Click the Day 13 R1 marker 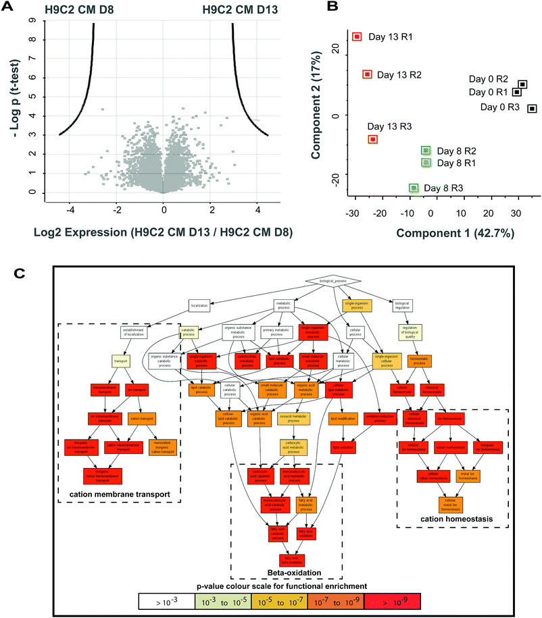click(x=358, y=36)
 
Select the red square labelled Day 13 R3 click(x=372, y=139)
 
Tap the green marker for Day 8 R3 click(x=414, y=188)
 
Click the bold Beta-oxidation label click(x=286, y=573)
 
